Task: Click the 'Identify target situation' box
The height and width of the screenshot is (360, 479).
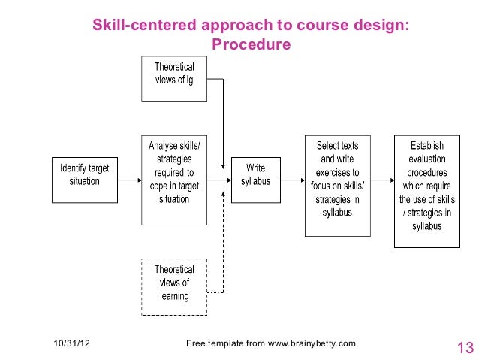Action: [x=84, y=180]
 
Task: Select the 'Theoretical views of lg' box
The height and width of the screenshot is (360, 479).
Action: [x=173, y=78]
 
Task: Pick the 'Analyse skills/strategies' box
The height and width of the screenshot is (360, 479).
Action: [x=173, y=180]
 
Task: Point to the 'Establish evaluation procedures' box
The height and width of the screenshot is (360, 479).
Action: [x=426, y=191]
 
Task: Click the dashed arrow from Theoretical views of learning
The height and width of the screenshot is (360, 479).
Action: [x=223, y=248]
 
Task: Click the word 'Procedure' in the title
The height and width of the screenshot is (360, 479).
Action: [x=251, y=45]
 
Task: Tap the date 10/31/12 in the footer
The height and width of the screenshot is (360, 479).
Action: [x=71, y=344]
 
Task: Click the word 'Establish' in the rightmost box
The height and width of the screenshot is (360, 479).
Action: [x=426, y=145]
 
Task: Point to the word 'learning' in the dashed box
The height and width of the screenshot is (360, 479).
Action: [x=173, y=297]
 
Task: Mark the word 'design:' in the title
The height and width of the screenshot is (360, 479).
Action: [x=384, y=26]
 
